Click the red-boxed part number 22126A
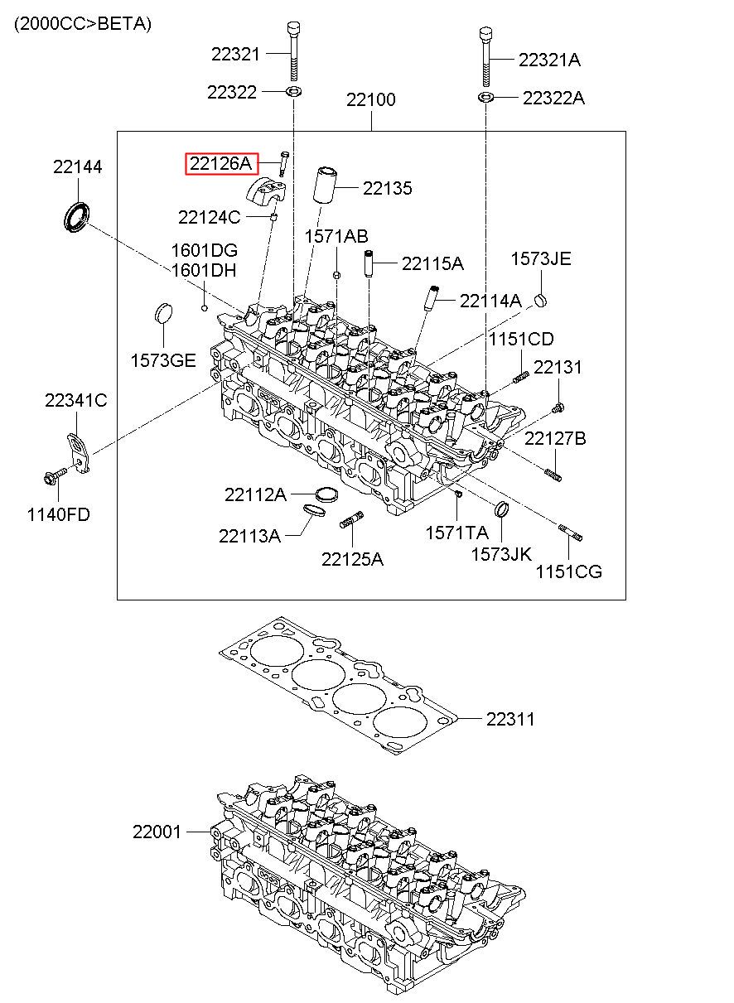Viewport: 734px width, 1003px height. (222, 163)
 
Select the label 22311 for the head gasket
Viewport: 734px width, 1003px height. (510, 719)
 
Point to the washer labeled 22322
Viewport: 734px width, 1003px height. (293, 92)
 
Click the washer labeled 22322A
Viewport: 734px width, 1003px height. (485, 97)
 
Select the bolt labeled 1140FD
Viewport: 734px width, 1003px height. (55, 475)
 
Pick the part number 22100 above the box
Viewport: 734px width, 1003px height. (371, 99)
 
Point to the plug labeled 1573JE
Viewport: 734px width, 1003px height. (541, 300)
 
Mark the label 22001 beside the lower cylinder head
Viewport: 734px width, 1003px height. (157, 832)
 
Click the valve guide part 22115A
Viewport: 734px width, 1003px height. (369, 263)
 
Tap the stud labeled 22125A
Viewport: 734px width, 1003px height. (351, 519)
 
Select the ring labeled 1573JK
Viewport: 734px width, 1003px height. (501, 509)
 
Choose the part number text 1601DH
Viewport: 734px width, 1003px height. (204, 271)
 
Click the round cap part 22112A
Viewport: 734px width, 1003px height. (326, 494)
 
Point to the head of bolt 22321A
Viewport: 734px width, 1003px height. (485, 34)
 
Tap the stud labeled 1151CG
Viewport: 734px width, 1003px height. (571, 533)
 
